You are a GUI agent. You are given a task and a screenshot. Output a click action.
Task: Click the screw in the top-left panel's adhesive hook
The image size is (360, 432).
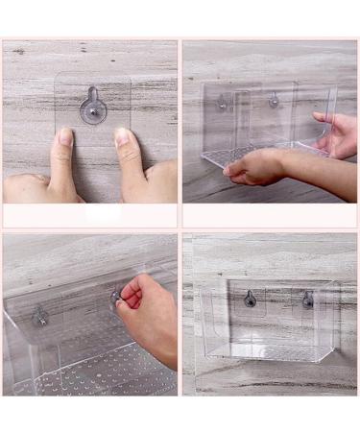click(93, 112)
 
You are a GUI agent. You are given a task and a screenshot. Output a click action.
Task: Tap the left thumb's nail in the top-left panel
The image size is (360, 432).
click(63, 137)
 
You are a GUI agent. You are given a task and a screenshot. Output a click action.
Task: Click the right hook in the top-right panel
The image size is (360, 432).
click(274, 99)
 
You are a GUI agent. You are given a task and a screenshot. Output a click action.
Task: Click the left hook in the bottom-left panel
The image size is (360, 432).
click(40, 314)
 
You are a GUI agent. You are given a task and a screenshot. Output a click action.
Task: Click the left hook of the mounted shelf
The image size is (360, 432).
click(251, 299)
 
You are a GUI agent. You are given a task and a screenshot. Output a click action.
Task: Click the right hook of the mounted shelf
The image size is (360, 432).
click(307, 300)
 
